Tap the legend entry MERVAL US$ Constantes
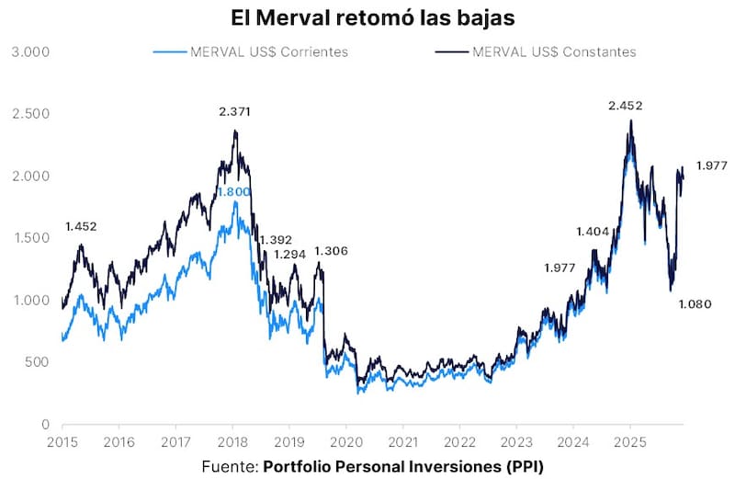(x=553, y=51)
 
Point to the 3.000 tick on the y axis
(x=29, y=51)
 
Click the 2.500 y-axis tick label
(x=29, y=114)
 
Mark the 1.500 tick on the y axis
(x=29, y=238)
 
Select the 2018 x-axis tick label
(x=232, y=441)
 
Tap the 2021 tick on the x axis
(x=402, y=441)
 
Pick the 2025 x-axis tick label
(x=629, y=441)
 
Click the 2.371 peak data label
(x=234, y=111)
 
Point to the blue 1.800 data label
(x=232, y=192)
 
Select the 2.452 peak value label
(x=625, y=106)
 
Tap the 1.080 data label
(x=695, y=304)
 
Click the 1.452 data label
(x=81, y=226)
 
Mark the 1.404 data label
(x=593, y=232)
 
